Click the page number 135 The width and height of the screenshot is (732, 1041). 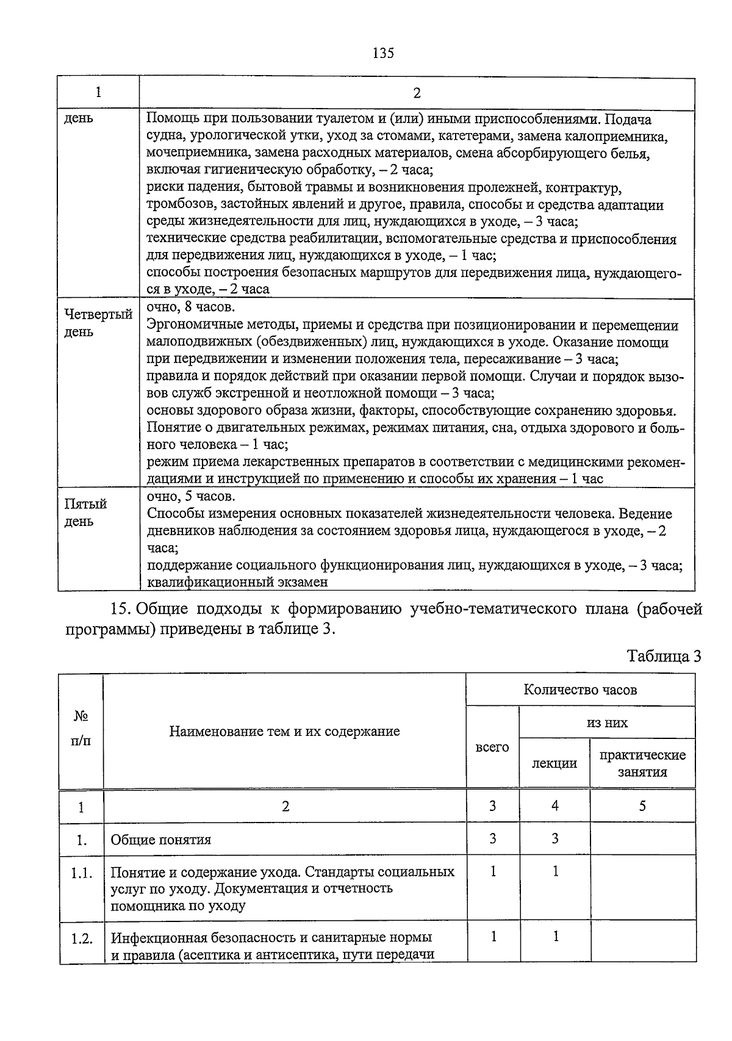tap(383, 53)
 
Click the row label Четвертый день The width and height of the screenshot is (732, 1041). tap(98, 323)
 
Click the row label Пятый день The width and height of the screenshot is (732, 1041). tap(85, 513)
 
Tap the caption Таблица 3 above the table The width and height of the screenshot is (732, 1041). tap(664, 656)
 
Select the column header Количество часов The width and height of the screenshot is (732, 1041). tap(580, 690)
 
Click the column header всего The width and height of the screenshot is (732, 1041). tap(492, 747)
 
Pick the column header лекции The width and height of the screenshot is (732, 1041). tap(554, 763)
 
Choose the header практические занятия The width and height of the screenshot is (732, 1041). tap(642, 763)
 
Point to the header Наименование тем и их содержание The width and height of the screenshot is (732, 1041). tap(284, 731)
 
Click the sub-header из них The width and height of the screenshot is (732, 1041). tap(607, 722)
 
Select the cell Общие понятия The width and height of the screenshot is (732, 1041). tap(160, 840)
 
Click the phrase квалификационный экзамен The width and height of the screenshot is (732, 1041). tap(237, 582)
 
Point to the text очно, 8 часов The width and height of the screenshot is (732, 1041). tap(190, 307)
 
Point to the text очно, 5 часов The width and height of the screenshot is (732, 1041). tap(190, 496)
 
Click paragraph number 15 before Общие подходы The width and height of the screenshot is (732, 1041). tap(120, 609)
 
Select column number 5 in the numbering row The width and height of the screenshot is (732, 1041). tap(642, 806)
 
